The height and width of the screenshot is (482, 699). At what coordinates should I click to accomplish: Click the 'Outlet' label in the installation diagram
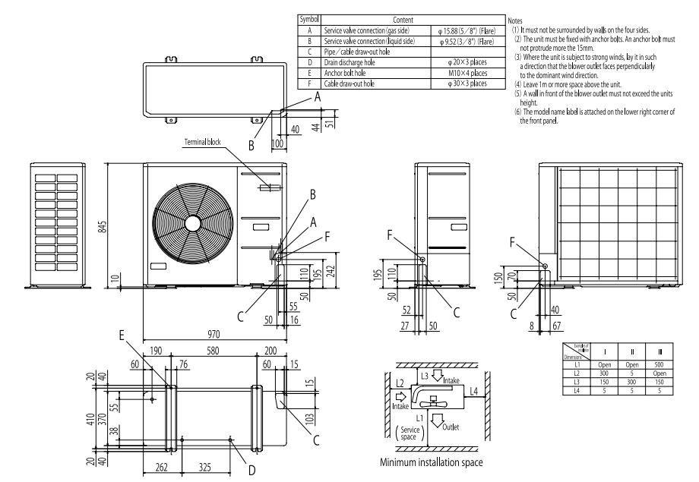point(453,427)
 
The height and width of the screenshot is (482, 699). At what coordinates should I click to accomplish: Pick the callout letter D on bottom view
point(252,470)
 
